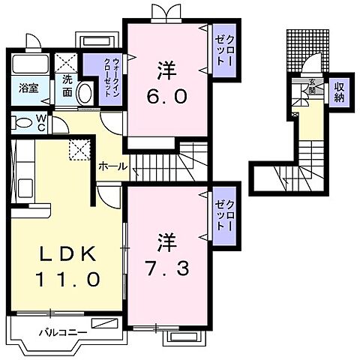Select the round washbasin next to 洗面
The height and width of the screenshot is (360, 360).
(x=85, y=94)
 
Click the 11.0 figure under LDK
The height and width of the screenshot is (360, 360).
(x=66, y=280)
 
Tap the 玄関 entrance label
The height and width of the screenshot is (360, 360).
(x=311, y=86)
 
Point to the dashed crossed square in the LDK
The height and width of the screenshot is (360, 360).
(x=79, y=148)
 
